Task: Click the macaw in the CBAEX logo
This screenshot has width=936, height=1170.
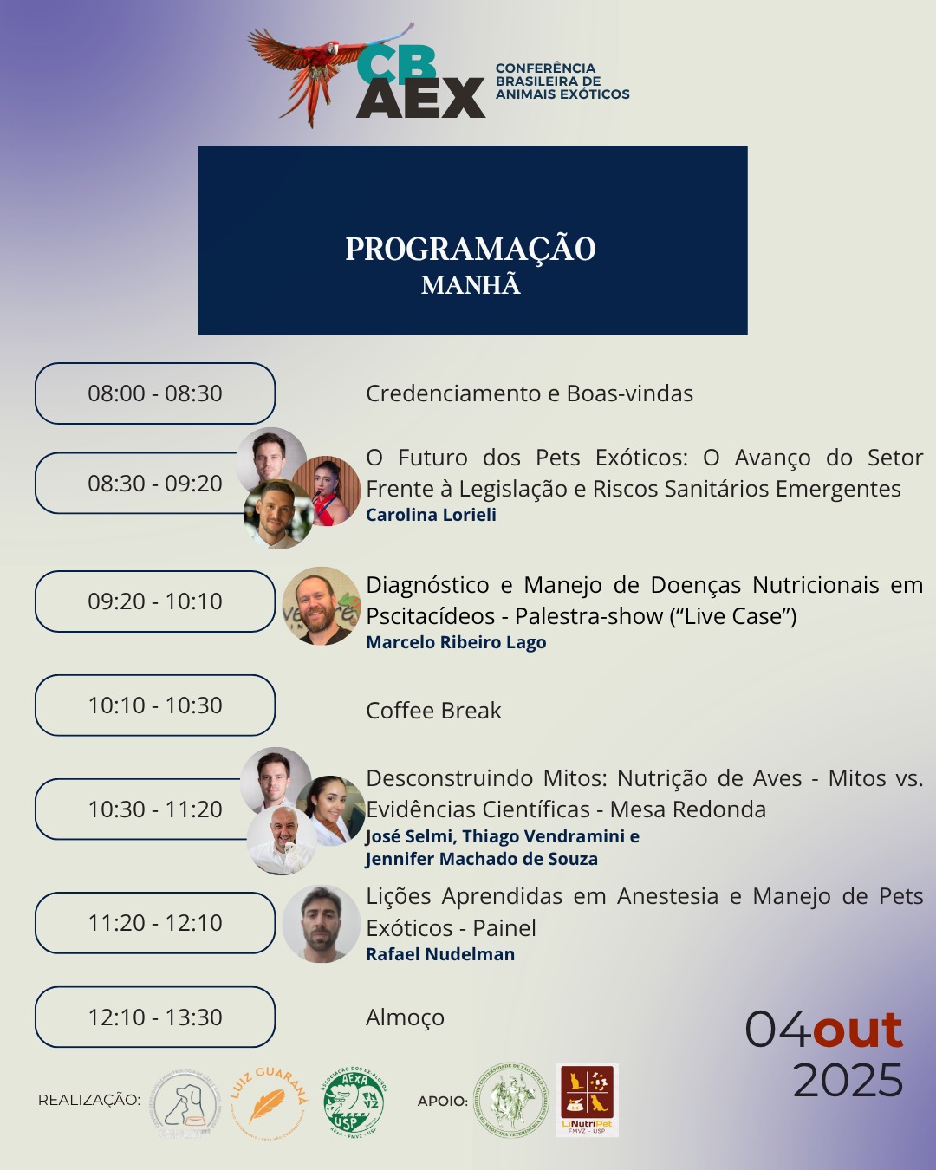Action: (316, 69)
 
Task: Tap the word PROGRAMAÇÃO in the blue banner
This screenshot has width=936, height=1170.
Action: (471, 250)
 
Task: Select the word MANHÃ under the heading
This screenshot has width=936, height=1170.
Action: (471, 285)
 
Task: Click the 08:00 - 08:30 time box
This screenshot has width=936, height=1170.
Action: (155, 393)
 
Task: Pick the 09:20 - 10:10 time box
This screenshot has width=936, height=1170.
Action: (155, 601)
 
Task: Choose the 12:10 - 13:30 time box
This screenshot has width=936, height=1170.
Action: (155, 1017)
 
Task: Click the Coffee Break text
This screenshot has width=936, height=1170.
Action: (433, 711)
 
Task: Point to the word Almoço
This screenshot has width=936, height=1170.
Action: (405, 1017)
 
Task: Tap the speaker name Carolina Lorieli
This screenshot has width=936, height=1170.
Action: (431, 515)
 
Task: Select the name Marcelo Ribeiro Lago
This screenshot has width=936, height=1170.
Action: (456, 642)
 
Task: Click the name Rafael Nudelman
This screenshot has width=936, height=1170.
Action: (440, 954)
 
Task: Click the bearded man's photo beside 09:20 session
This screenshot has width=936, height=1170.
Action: (320, 606)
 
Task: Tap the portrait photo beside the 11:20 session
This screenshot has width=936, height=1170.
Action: (321, 924)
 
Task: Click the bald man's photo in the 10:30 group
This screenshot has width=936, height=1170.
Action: (283, 841)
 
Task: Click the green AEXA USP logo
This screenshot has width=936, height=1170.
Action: (354, 1102)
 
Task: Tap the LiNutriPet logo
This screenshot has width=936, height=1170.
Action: (587, 1100)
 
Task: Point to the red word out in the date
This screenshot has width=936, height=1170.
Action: (858, 1030)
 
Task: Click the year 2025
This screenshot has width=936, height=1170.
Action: (848, 1081)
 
